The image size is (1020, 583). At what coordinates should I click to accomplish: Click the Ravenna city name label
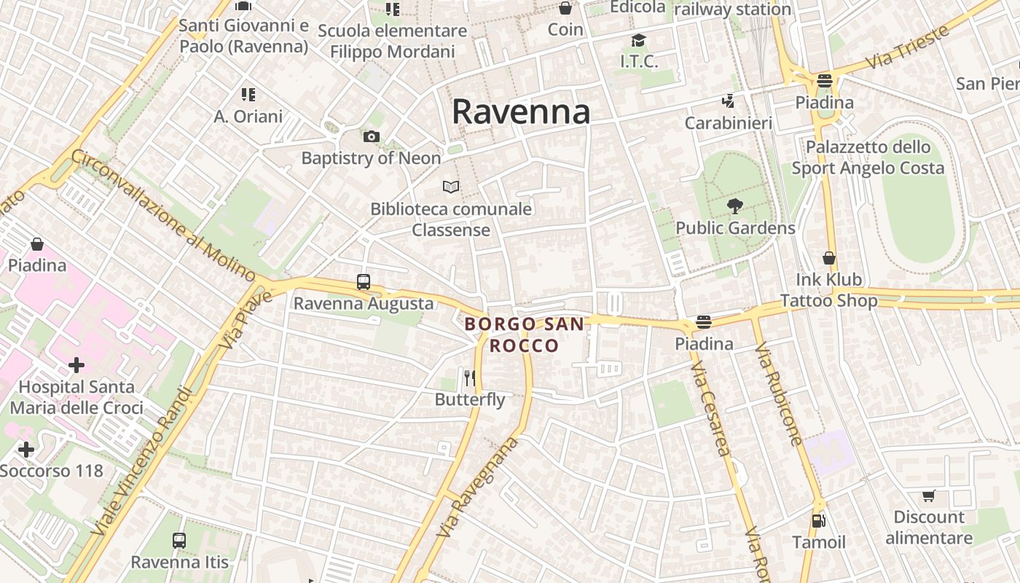click(520, 112)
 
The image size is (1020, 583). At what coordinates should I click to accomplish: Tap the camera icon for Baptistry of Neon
click(371, 137)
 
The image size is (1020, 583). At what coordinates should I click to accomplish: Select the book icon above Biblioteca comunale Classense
click(451, 187)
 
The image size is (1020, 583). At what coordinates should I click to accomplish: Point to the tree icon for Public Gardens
click(734, 206)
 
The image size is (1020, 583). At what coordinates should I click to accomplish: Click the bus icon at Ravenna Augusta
click(363, 282)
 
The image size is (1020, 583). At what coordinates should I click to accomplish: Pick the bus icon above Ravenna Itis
click(179, 541)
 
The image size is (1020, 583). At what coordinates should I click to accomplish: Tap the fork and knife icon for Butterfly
click(470, 377)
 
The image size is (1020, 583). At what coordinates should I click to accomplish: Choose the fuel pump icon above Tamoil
click(818, 521)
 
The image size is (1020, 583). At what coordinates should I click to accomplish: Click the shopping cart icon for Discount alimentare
click(928, 496)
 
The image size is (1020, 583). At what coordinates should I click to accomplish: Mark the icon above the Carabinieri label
click(727, 101)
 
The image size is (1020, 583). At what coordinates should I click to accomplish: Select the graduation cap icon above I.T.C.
click(639, 40)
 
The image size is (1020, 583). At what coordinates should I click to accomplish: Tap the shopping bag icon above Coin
click(565, 9)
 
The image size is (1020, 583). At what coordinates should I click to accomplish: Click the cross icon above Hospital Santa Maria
click(76, 364)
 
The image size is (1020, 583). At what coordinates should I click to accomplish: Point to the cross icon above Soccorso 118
click(26, 449)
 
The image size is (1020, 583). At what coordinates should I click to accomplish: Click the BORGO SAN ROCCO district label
click(524, 334)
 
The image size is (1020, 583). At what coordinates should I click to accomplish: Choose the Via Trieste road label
click(909, 47)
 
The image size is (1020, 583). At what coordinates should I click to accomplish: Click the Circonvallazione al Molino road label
click(163, 216)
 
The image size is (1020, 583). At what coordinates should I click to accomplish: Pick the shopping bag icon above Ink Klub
click(829, 258)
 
